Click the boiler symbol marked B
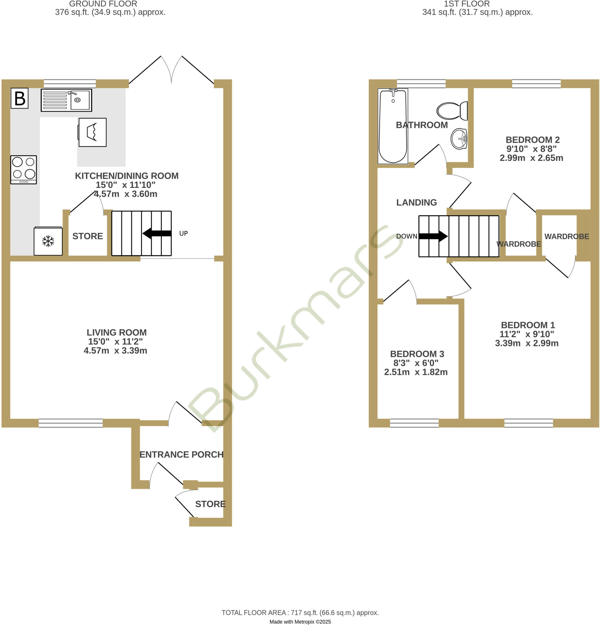point(20,98)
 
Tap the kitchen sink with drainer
point(66,100)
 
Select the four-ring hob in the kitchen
point(23,169)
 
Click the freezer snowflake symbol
point(48,241)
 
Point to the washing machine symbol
point(92,132)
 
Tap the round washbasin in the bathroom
point(459,139)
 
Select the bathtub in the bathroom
point(393,126)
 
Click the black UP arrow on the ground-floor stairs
point(157,233)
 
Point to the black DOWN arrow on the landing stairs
point(433,236)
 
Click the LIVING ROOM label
point(117,332)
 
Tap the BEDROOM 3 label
point(417,354)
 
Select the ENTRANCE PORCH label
point(181,454)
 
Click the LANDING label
point(416,203)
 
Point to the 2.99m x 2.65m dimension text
point(531,158)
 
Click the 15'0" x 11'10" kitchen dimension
point(126,185)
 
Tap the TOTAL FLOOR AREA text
point(300,612)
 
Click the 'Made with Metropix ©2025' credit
point(300,622)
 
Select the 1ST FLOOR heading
point(467,4)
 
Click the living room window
point(71,423)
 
